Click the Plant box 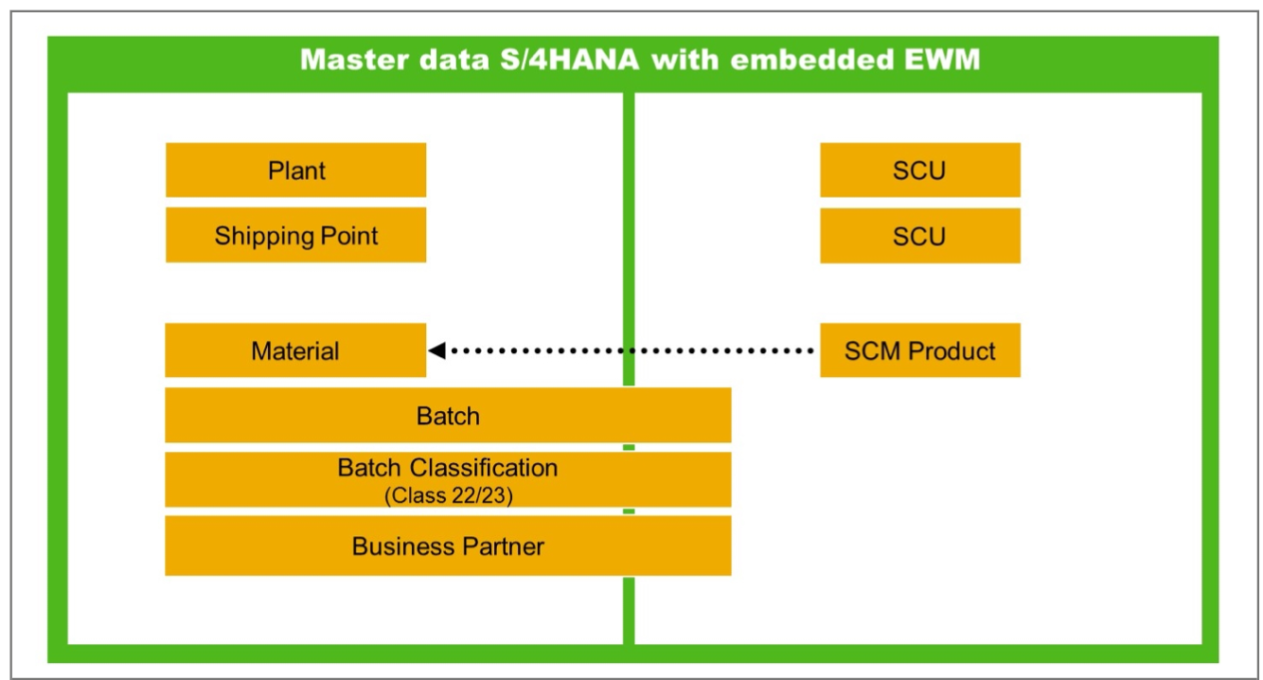(x=295, y=170)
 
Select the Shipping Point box (x=295, y=235)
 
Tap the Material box (x=295, y=351)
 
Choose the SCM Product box (x=919, y=351)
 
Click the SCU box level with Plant (x=919, y=170)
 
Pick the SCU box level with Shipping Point (x=919, y=235)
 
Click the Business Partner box (x=448, y=546)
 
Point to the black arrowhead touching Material (x=436, y=351)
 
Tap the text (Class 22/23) (x=448, y=494)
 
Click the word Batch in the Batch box (x=448, y=416)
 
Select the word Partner (x=503, y=546)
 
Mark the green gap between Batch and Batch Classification (x=629, y=447)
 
